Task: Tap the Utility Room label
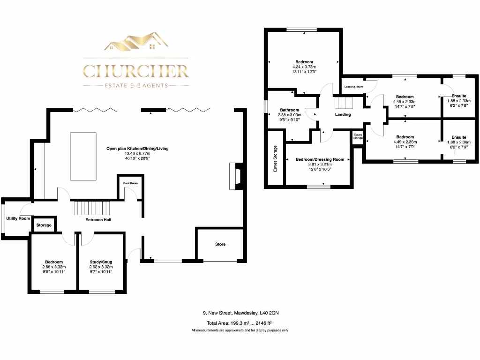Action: (x=18, y=218)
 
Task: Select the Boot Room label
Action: (x=130, y=183)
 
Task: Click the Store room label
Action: (x=220, y=244)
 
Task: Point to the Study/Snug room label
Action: (x=101, y=262)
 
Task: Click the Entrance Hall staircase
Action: (x=91, y=207)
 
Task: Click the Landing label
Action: (x=343, y=114)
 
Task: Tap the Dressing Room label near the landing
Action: (x=354, y=87)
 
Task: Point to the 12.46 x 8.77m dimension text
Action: (x=137, y=153)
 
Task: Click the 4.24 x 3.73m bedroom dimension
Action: (x=304, y=67)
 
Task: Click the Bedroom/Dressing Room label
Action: (x=320, y=159)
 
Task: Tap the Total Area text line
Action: (x=240, y=323)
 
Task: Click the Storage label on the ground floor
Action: (x=44, y=225)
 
